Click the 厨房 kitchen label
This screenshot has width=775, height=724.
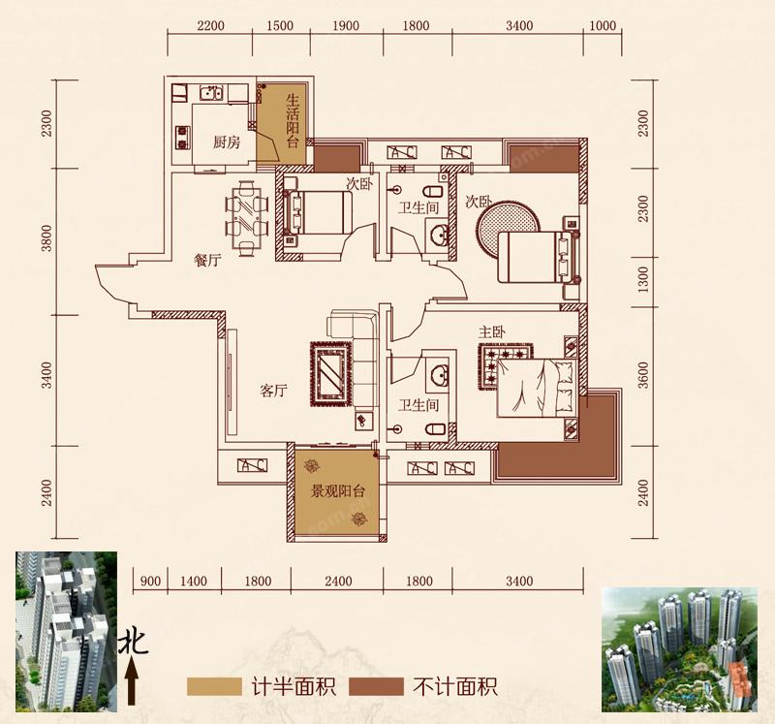click(x=226, y=142)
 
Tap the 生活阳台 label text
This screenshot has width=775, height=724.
click(x=294, y=120)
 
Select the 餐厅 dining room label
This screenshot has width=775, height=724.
click(x=208, y=260)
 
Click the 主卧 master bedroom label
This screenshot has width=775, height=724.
click(x=491, y=332)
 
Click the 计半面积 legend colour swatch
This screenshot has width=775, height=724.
click(x=213, y=687)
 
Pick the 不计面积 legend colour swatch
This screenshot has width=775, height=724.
click(x=376, y=687)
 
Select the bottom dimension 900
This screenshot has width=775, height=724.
click(x=149, y=582)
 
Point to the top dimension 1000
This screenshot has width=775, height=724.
click(x=603, y=26)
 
